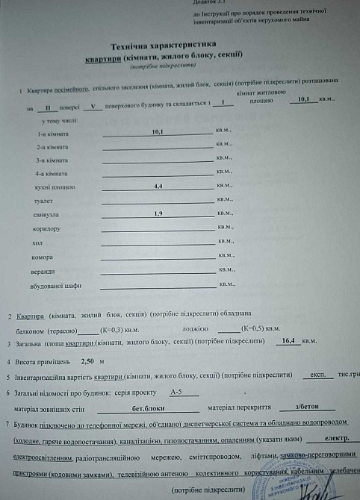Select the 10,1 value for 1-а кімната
(x=158, y=132)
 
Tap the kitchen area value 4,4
(x=158, y=186)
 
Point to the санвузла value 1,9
(x=158, y=213)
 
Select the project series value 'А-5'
(x=176, y=392)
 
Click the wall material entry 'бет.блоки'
(x=148, y=409)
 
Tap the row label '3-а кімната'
(x=52, y=160)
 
